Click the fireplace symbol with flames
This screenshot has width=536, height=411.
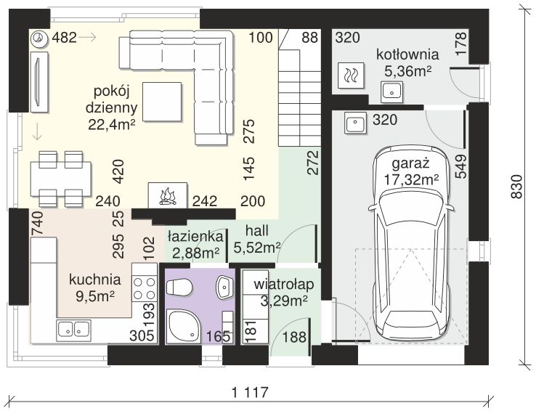[168, 195]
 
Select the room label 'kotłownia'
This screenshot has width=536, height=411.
[407, 54]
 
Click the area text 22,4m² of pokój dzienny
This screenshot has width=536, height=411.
[112, 124]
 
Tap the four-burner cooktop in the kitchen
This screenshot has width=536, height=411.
[145, 288]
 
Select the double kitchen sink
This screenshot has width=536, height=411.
[73, 330]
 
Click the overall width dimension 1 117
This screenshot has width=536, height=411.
[251, 392]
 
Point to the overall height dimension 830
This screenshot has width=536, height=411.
[516, 187]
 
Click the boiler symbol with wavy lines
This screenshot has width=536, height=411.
[351, 75]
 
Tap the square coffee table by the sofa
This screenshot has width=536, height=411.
[162, 102]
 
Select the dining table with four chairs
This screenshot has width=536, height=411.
[61, 179]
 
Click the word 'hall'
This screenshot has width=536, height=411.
[256, 231]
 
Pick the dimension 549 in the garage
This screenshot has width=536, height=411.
[460, 166]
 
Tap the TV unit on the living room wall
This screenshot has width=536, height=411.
[38, 82]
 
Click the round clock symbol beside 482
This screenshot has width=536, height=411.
[38, 38]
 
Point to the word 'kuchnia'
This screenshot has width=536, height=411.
[95, 280]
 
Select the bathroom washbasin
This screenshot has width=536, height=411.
[224, 286]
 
